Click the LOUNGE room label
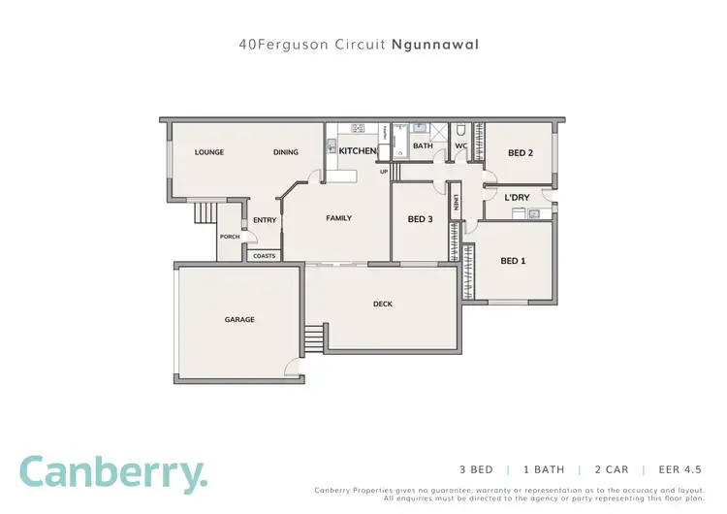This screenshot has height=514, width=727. tap(209, 152)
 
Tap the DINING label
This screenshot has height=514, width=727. tap(285, 152)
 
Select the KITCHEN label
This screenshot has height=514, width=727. tap(357, 151)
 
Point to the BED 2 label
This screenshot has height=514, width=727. tap(521, 153)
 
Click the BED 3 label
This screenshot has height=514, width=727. tap(420, 219)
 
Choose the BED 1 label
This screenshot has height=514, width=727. tap(513, 261)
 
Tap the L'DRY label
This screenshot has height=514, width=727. tap(517, 198)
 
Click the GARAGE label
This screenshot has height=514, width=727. tap(239, 319)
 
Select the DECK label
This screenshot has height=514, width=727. tap(383, 304)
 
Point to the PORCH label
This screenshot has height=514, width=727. tap(230, 237)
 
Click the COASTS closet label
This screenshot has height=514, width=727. tap(264, 256)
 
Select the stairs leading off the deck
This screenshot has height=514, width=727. tap(314, 339)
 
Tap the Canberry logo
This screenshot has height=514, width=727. tap(113, 473)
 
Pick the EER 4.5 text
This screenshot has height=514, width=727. tap(682, 468)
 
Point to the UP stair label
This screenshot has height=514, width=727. tap(384, 172)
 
